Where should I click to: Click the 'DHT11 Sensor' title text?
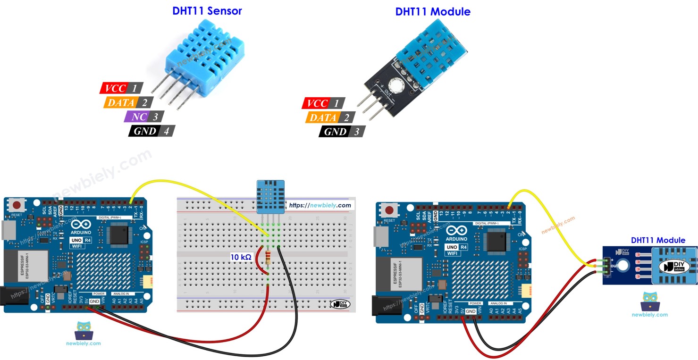[207, 11]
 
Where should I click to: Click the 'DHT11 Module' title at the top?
[432, 12]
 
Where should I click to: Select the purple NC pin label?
[139, 117]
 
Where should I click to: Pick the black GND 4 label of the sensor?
[145, 131]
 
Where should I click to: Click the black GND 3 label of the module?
[336, 132]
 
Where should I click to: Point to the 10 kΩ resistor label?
[241, 257]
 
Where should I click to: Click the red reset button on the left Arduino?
[18, 205]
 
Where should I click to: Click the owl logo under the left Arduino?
[84, 330]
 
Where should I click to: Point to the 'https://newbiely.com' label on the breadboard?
[320, 205]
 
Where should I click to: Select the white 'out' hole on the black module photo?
[395, 86]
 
